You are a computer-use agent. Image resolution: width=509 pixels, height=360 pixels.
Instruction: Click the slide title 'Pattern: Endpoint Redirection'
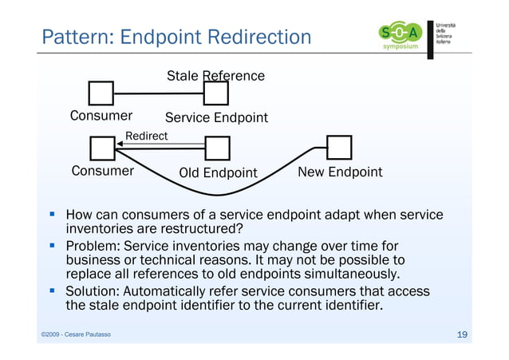[176, 37]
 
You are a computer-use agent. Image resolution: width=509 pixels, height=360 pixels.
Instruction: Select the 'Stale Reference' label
[215, 77]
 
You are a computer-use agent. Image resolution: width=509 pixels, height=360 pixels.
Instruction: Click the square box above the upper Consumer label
[101, 94]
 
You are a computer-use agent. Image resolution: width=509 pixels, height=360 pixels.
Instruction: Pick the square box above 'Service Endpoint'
[216, 94]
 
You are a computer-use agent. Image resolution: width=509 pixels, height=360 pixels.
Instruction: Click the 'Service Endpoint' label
[216, 118]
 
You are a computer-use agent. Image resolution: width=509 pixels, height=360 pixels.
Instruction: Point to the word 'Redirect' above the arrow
[146, 136]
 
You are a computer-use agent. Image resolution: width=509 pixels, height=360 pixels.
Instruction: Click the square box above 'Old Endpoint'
[217, 148]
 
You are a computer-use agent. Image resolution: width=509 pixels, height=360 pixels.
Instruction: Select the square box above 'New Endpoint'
[339, 147]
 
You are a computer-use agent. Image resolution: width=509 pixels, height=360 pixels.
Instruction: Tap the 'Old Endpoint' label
[218, 173]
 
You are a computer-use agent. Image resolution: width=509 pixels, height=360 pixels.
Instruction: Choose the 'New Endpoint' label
[339, 172]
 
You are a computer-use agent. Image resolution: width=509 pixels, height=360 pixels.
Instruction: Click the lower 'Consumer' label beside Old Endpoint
[102, 172]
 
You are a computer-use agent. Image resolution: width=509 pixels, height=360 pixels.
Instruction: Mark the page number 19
[461, 334]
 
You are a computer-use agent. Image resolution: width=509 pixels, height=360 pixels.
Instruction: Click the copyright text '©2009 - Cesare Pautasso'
[77, 334]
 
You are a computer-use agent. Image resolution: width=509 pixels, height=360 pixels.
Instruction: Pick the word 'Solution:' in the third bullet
[98, 291]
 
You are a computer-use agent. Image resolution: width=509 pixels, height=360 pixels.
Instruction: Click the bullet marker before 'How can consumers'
[53, 215]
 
